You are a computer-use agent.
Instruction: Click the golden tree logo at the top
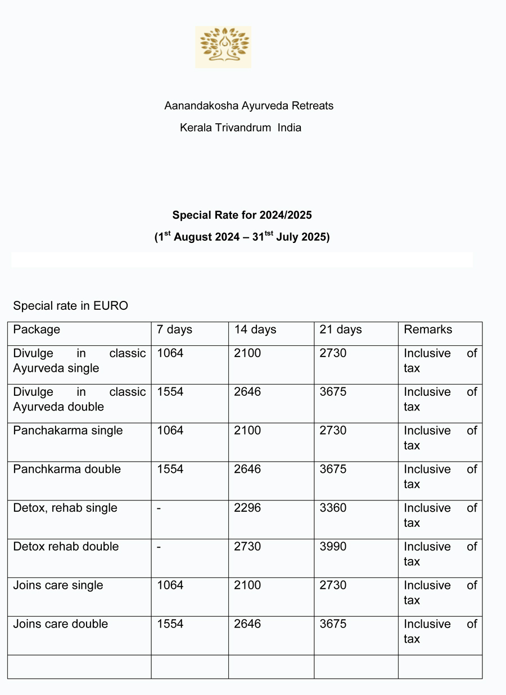point(223,47)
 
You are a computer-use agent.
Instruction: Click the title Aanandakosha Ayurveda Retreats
point(249,106)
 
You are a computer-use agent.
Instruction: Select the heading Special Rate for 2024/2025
point(242,215)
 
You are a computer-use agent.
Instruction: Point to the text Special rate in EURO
point(70,306)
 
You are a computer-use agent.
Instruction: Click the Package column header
point(37,330)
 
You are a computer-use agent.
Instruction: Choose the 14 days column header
point(255,330)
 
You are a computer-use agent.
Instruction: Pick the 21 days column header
point(341,330)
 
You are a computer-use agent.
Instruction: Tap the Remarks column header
point(428,330)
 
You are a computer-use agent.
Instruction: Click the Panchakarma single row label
point(68,431)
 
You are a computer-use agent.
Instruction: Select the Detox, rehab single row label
point(65,508)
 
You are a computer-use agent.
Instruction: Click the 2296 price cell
point(247,508)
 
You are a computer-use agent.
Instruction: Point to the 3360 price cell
point(333,508)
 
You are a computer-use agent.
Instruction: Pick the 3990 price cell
point(333,547)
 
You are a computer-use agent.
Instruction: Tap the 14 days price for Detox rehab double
point(247,547)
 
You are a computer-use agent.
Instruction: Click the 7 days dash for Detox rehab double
point(159,547)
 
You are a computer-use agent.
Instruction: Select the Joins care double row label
point(61,624)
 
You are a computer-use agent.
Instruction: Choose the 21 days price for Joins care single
point(333,585)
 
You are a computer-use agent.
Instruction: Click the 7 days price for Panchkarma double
point(170,470)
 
